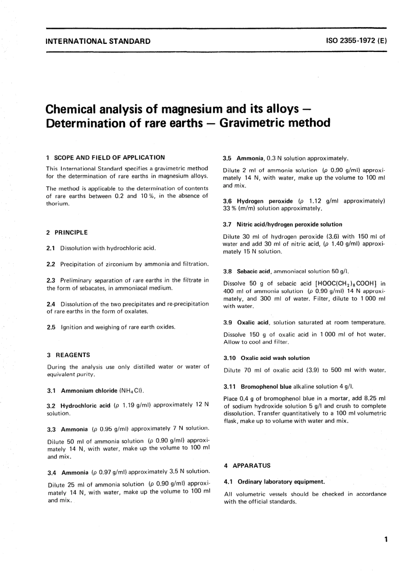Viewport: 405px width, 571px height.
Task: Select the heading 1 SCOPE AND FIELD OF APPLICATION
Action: (x=105, y=158)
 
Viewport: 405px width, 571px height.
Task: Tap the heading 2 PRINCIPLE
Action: (x=67, y=232)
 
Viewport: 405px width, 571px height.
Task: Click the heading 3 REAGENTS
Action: (x=68, y=355)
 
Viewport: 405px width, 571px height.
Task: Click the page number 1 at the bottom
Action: (x=386, y=540)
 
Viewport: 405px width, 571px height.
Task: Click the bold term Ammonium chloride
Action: (x=89, y=390)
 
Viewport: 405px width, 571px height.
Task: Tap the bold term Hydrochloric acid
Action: (x=85, y=405)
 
